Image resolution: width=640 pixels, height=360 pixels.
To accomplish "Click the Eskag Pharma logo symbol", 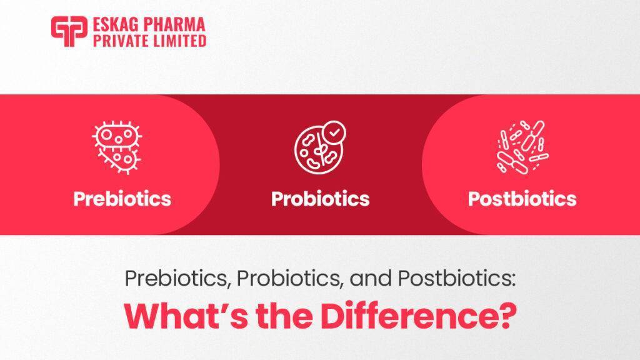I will (x=69, y=32).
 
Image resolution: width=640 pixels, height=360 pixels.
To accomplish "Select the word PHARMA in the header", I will (x=177, y=26).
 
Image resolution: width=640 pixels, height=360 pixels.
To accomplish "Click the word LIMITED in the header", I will (x=181, y=41).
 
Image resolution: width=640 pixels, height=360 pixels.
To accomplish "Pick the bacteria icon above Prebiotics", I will (x=117, y=146).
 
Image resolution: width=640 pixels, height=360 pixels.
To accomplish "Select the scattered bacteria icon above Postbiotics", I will (x=521, y=146).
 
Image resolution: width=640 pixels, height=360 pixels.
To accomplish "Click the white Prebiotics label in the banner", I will (x=122, y=199).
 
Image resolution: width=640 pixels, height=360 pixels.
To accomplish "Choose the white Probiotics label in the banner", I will (x=320, y=199).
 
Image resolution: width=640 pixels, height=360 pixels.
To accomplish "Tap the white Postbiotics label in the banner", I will (x=522, y=199).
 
